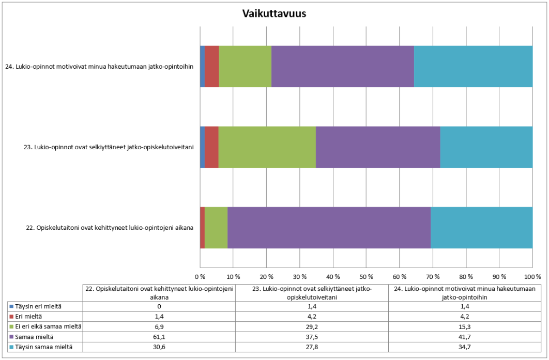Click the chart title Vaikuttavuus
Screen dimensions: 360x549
click(x=274, y=14)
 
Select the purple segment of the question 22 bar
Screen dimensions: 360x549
click(x=329, y=228)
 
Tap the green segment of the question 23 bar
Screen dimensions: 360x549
click(x=267, y=147)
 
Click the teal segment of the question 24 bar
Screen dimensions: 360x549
click(x=473, y=67)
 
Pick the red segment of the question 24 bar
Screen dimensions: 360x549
click(x=211, y=67)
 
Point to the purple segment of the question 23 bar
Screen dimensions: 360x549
click(x=378, y=147)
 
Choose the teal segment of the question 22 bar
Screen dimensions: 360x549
click(x=481, y=228)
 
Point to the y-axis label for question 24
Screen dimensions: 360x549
click(x=102, y=67)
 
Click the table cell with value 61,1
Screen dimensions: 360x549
click(x=159, y=337)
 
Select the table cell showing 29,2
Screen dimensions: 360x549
click(x=312, y=326)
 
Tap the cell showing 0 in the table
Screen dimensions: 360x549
click(x=159, y=306)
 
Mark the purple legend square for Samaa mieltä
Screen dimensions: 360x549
click(x=11, y=337)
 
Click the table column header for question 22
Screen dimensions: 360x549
click(x=159, y=292)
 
